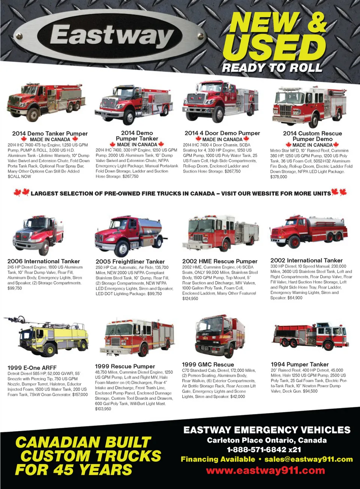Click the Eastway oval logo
pos(110,36)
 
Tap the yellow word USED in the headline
pos(274,48)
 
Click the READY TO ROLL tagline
pos(272,68)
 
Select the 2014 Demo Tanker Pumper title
pos(50,133)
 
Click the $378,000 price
pos(279,177)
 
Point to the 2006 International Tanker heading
pos(43,261)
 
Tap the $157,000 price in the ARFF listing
pos(80,394)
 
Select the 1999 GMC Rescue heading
pos(208,364)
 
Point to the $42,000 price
pos(237,396)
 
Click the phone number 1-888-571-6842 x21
pos(264,450)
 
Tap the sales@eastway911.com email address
pos(309,459)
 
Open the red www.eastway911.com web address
pos(265,470)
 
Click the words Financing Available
pos(218,459)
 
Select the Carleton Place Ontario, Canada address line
pos(267,440)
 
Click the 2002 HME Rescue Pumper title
pos(220,261)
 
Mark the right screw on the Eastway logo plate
pos(200,36)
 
